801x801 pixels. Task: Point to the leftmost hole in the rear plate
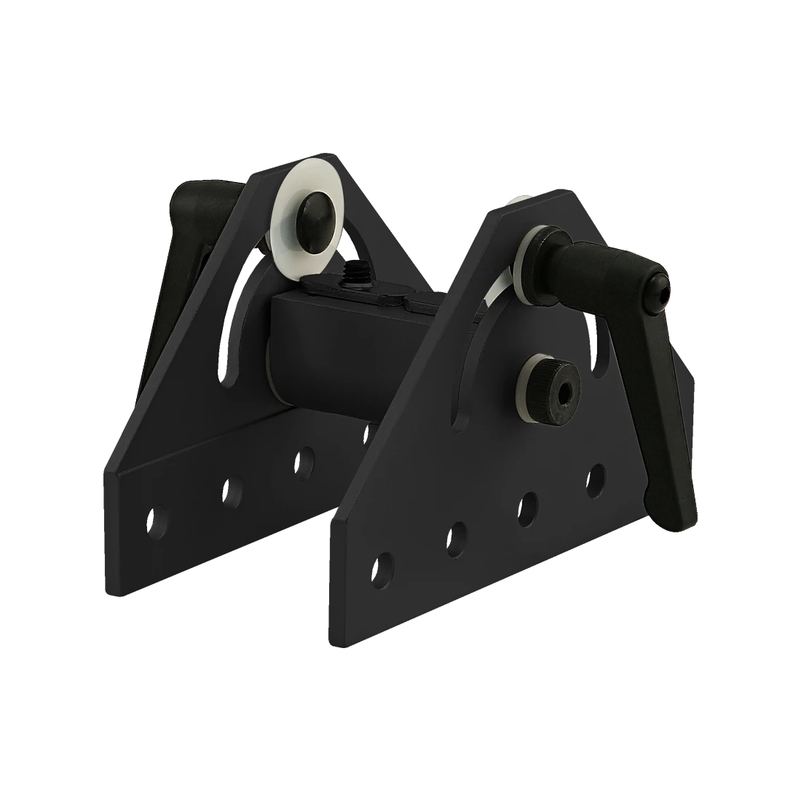coord(156,519)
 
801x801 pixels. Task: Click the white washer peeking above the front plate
coord(519,200)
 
